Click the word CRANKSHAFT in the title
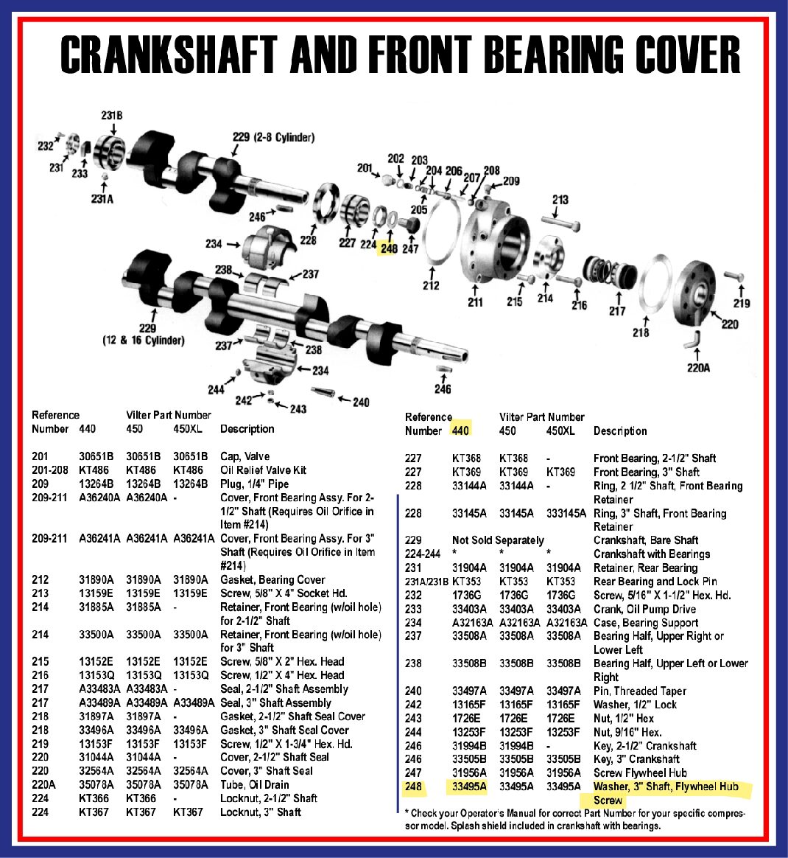[169, 55]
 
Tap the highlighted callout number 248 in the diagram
[389, 248]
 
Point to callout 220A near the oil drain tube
[698, 368]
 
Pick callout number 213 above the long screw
[560, 200]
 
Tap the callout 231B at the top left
[111, 116]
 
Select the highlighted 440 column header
[460, 430]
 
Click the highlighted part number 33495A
[469, 787]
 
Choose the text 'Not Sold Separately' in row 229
[498, 540]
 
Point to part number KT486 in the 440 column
[94, 470]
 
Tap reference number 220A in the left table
[44, 784]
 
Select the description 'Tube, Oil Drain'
[255, 784]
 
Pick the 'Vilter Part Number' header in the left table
[169, 415]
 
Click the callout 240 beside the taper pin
[361, 402]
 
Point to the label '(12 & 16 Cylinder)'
[143, 341]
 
